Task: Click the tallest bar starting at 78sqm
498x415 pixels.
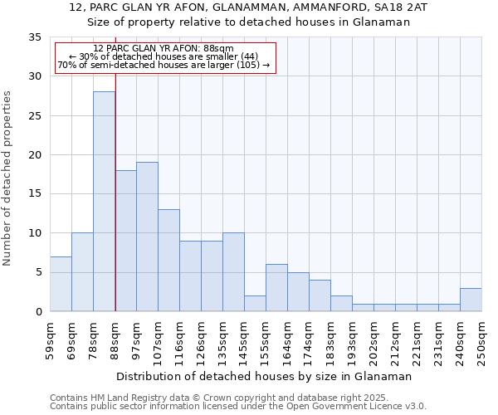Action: [x=104, y=202]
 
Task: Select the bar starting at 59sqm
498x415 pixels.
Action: [x=61, y=284]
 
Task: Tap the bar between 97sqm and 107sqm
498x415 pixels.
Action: [x=147, y=237]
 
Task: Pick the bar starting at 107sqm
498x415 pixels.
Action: [x=168, y=261]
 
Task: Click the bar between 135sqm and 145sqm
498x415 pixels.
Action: [x=233, y=272]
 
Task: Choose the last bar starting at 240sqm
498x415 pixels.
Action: [x=471, y=300]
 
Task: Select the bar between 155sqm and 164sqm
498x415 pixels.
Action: [x=276, y=288]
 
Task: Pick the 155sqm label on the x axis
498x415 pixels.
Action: [x=266, y=340]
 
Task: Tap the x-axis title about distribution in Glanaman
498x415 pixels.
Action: [x=264, y=376]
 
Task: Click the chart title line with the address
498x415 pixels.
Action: [x=249, y=7]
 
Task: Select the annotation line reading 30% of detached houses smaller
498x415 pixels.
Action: [x=164, y=56]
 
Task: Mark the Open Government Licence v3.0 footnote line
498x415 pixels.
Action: [x=238, y=407]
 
